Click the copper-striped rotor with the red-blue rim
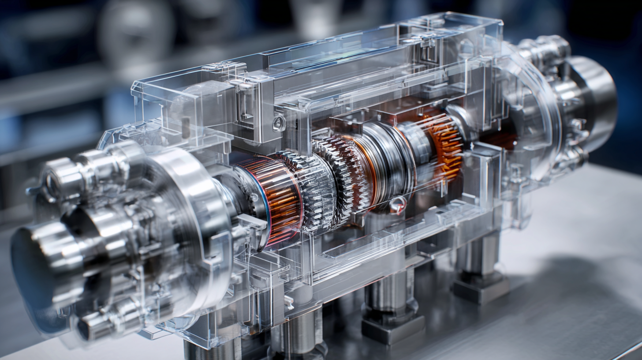tap(278, 199)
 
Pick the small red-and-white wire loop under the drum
tap(397, 204)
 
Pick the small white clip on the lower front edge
tap(289, 302)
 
